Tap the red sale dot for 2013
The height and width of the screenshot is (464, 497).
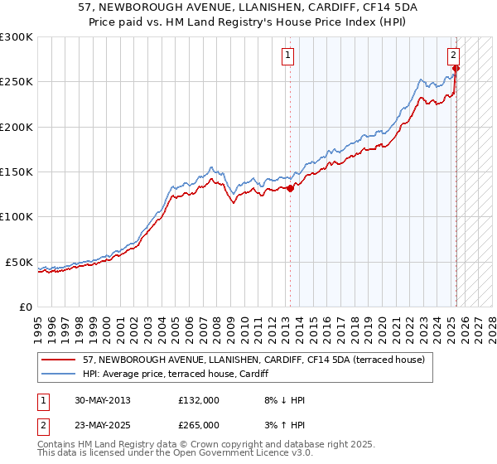click(x=291, y=188)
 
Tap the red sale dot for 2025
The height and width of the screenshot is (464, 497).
click(x=456, y=68)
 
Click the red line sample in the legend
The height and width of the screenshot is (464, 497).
click(x=59, y=360)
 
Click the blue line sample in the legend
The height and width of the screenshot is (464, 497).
click(x=59, y=375)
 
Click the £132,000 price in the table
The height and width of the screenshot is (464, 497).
click(x=198, y=400)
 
